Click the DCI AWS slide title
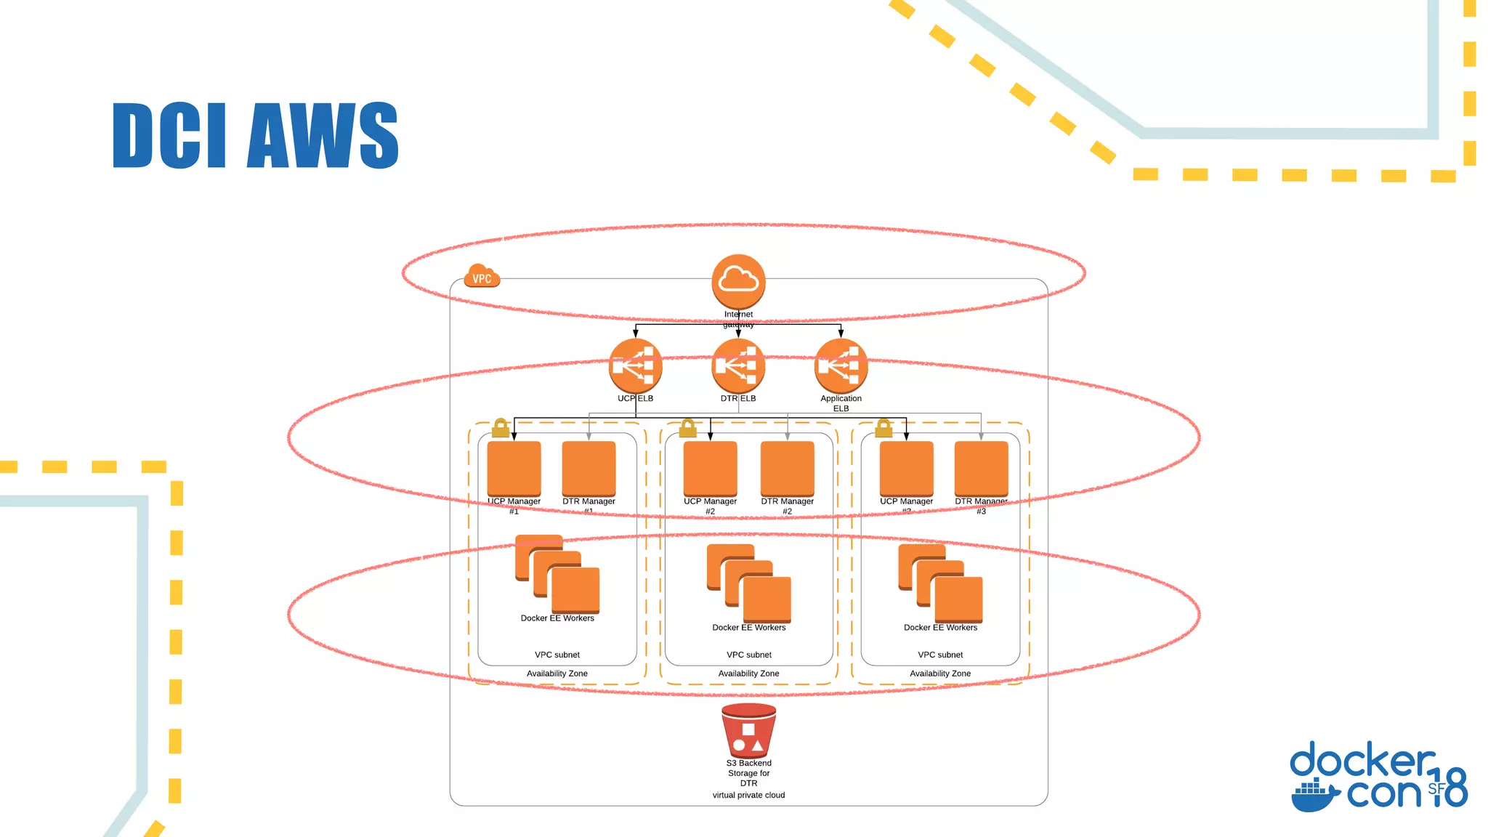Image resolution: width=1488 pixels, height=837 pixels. point(256,136)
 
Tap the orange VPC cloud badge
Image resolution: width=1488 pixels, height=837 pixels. point(482,277)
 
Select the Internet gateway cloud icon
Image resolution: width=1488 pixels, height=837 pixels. point(738,281)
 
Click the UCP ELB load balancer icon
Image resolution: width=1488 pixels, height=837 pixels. point(636,365)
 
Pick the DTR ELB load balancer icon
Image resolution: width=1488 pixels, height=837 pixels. point(738,365)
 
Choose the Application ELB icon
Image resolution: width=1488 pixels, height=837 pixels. point(841,365)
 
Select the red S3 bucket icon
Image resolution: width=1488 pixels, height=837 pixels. point(748,731)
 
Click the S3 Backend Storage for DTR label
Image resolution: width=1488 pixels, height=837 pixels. point(748,773)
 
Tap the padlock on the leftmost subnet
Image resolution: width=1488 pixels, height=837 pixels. point(500,428)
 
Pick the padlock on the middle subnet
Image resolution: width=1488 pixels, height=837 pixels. point(687,428)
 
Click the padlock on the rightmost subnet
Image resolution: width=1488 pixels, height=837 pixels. point(883,428)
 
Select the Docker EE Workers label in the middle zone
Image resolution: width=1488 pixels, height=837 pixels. point(748,628)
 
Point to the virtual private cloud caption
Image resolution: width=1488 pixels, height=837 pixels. point(748,796)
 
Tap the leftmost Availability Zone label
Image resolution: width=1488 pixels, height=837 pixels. point(557,674)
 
